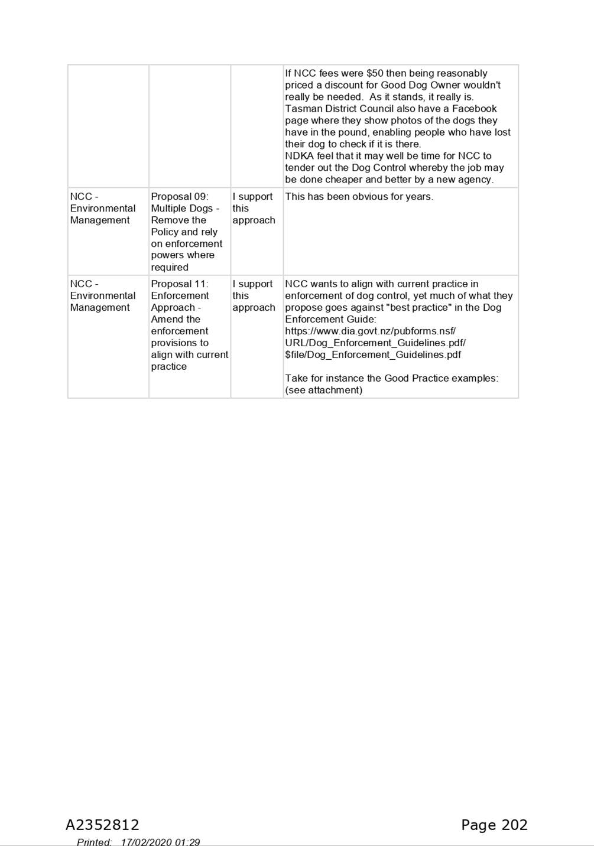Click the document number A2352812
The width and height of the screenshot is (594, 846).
point(102,825)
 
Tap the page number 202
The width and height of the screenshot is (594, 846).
point(514,825)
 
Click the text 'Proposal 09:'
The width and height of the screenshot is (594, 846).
point(180,197)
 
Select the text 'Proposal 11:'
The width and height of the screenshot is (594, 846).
point(180,284)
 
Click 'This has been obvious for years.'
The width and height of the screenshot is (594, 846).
point(359,197)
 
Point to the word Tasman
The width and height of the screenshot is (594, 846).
point(301,109)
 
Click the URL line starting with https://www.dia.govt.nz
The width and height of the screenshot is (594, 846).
point(370,331)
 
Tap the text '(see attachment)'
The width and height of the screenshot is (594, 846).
point(323,390)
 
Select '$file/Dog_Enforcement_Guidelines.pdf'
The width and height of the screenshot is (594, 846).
point(373,354)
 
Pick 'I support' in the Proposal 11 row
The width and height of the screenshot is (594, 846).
point(252,284)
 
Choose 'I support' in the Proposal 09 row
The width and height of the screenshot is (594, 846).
point(252,197)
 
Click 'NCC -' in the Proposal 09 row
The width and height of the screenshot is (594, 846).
point(84,197)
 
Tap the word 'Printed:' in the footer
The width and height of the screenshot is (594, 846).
point(95,842)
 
